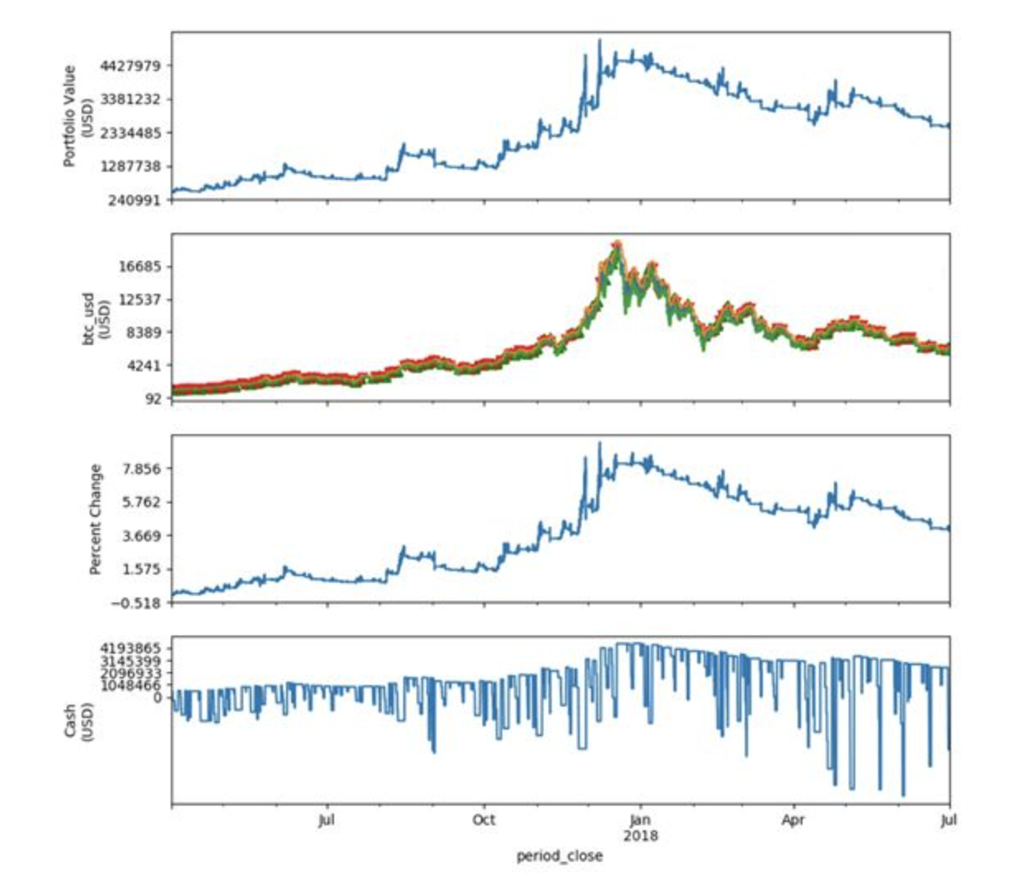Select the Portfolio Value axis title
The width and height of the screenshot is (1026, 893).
tap(77, 116)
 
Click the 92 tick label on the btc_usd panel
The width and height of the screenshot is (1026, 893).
tap(155, 399)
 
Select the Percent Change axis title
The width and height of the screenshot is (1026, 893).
tap(96, 519)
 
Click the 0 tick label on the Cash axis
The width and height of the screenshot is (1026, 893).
tap(158, 697)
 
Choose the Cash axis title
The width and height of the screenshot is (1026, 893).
tap(77, 721)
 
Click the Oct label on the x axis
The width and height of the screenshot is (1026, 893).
tap(483, 820)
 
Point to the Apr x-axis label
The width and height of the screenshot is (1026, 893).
tap(793, 820)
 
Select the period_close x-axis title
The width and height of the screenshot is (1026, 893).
tap(559, 856)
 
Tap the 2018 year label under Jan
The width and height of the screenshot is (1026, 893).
tap(640, 835)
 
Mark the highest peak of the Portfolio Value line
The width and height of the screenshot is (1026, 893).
tap(600, 40)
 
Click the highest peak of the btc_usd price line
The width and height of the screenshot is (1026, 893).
tap(616, 243)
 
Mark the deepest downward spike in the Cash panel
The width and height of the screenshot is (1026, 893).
tap(903, 795)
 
